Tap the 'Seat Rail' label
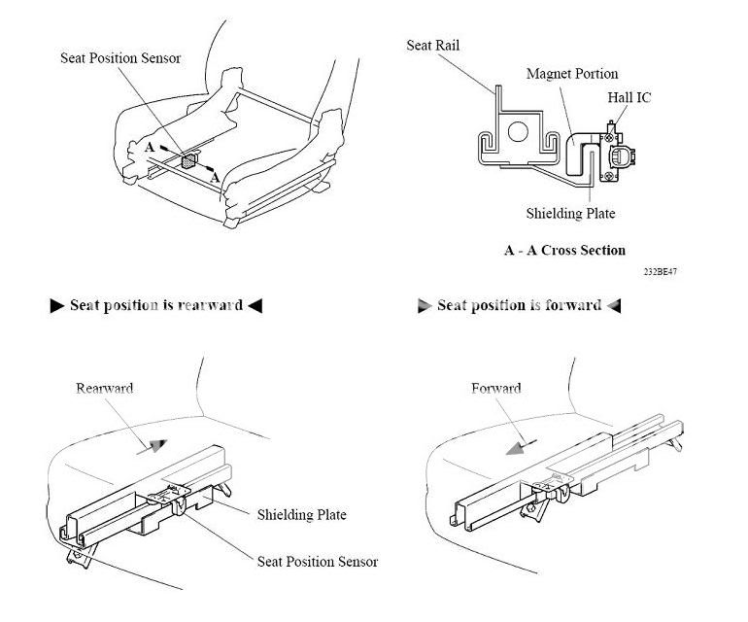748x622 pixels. (433, 46)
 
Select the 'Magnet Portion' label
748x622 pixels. (571, 74)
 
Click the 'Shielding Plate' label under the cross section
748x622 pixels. (570, 214)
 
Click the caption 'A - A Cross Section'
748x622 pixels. (564, 250)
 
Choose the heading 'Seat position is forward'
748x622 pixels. (519, 305)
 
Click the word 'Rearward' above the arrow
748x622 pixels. (104, 388)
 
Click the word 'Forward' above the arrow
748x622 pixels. (495, 388)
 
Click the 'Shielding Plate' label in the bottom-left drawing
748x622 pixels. (301, 515)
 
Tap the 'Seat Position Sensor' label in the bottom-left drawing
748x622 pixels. (317, 562)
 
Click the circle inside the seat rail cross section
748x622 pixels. (519, 129)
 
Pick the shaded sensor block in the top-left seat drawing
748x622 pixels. (189, 155)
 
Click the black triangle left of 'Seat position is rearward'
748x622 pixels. (56, 306)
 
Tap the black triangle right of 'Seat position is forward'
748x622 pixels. (613, 306)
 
